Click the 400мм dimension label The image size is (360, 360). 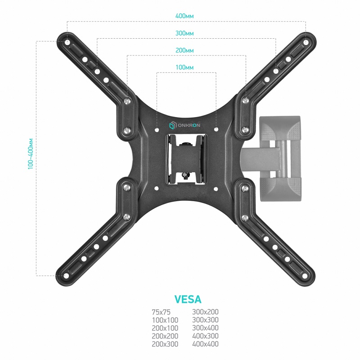184,16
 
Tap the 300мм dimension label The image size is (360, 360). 184,33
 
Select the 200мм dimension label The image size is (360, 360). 184,50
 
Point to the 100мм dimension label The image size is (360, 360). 184,67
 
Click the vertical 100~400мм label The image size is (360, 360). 31,154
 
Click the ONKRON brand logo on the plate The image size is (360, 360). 184,126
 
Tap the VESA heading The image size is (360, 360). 188,299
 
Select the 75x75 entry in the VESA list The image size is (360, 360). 161,312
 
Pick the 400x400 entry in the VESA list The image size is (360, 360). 205,344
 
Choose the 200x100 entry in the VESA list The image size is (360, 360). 165,328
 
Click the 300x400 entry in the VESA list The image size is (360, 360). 205,328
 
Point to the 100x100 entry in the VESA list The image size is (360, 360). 165,320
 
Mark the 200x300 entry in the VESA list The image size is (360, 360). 165,344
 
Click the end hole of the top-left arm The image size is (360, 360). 67,42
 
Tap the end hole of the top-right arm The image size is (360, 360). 306,42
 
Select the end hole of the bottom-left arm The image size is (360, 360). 66,276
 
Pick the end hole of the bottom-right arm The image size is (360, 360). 305,276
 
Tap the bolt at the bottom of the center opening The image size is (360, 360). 184,176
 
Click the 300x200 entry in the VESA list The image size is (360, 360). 205,312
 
